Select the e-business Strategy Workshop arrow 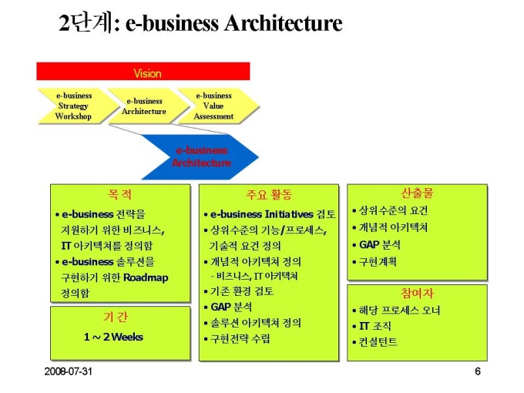pyautogui.click(x=73, y=106)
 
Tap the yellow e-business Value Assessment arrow pyautogui.click(x=213, y=106)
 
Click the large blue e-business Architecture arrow pyautogui.click(x=200, y=156)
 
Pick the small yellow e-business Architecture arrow pyautogui.click(x=144, y=106)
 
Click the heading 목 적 pyautogui.click(x=119, y=194)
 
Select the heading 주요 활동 pyautogui.click(x=269, y=194)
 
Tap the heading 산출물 pyautogui.click(x=417, y=193)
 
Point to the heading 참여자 pyautogui.click(x=417, y=294)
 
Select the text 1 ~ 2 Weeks pyautogui.click(x=113, y=337)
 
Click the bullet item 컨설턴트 pyautogui.click(x=378, y=341)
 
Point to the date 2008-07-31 pyautogui.click(x=68, y=372)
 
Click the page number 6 pyautogui.click(x=478, y=372)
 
